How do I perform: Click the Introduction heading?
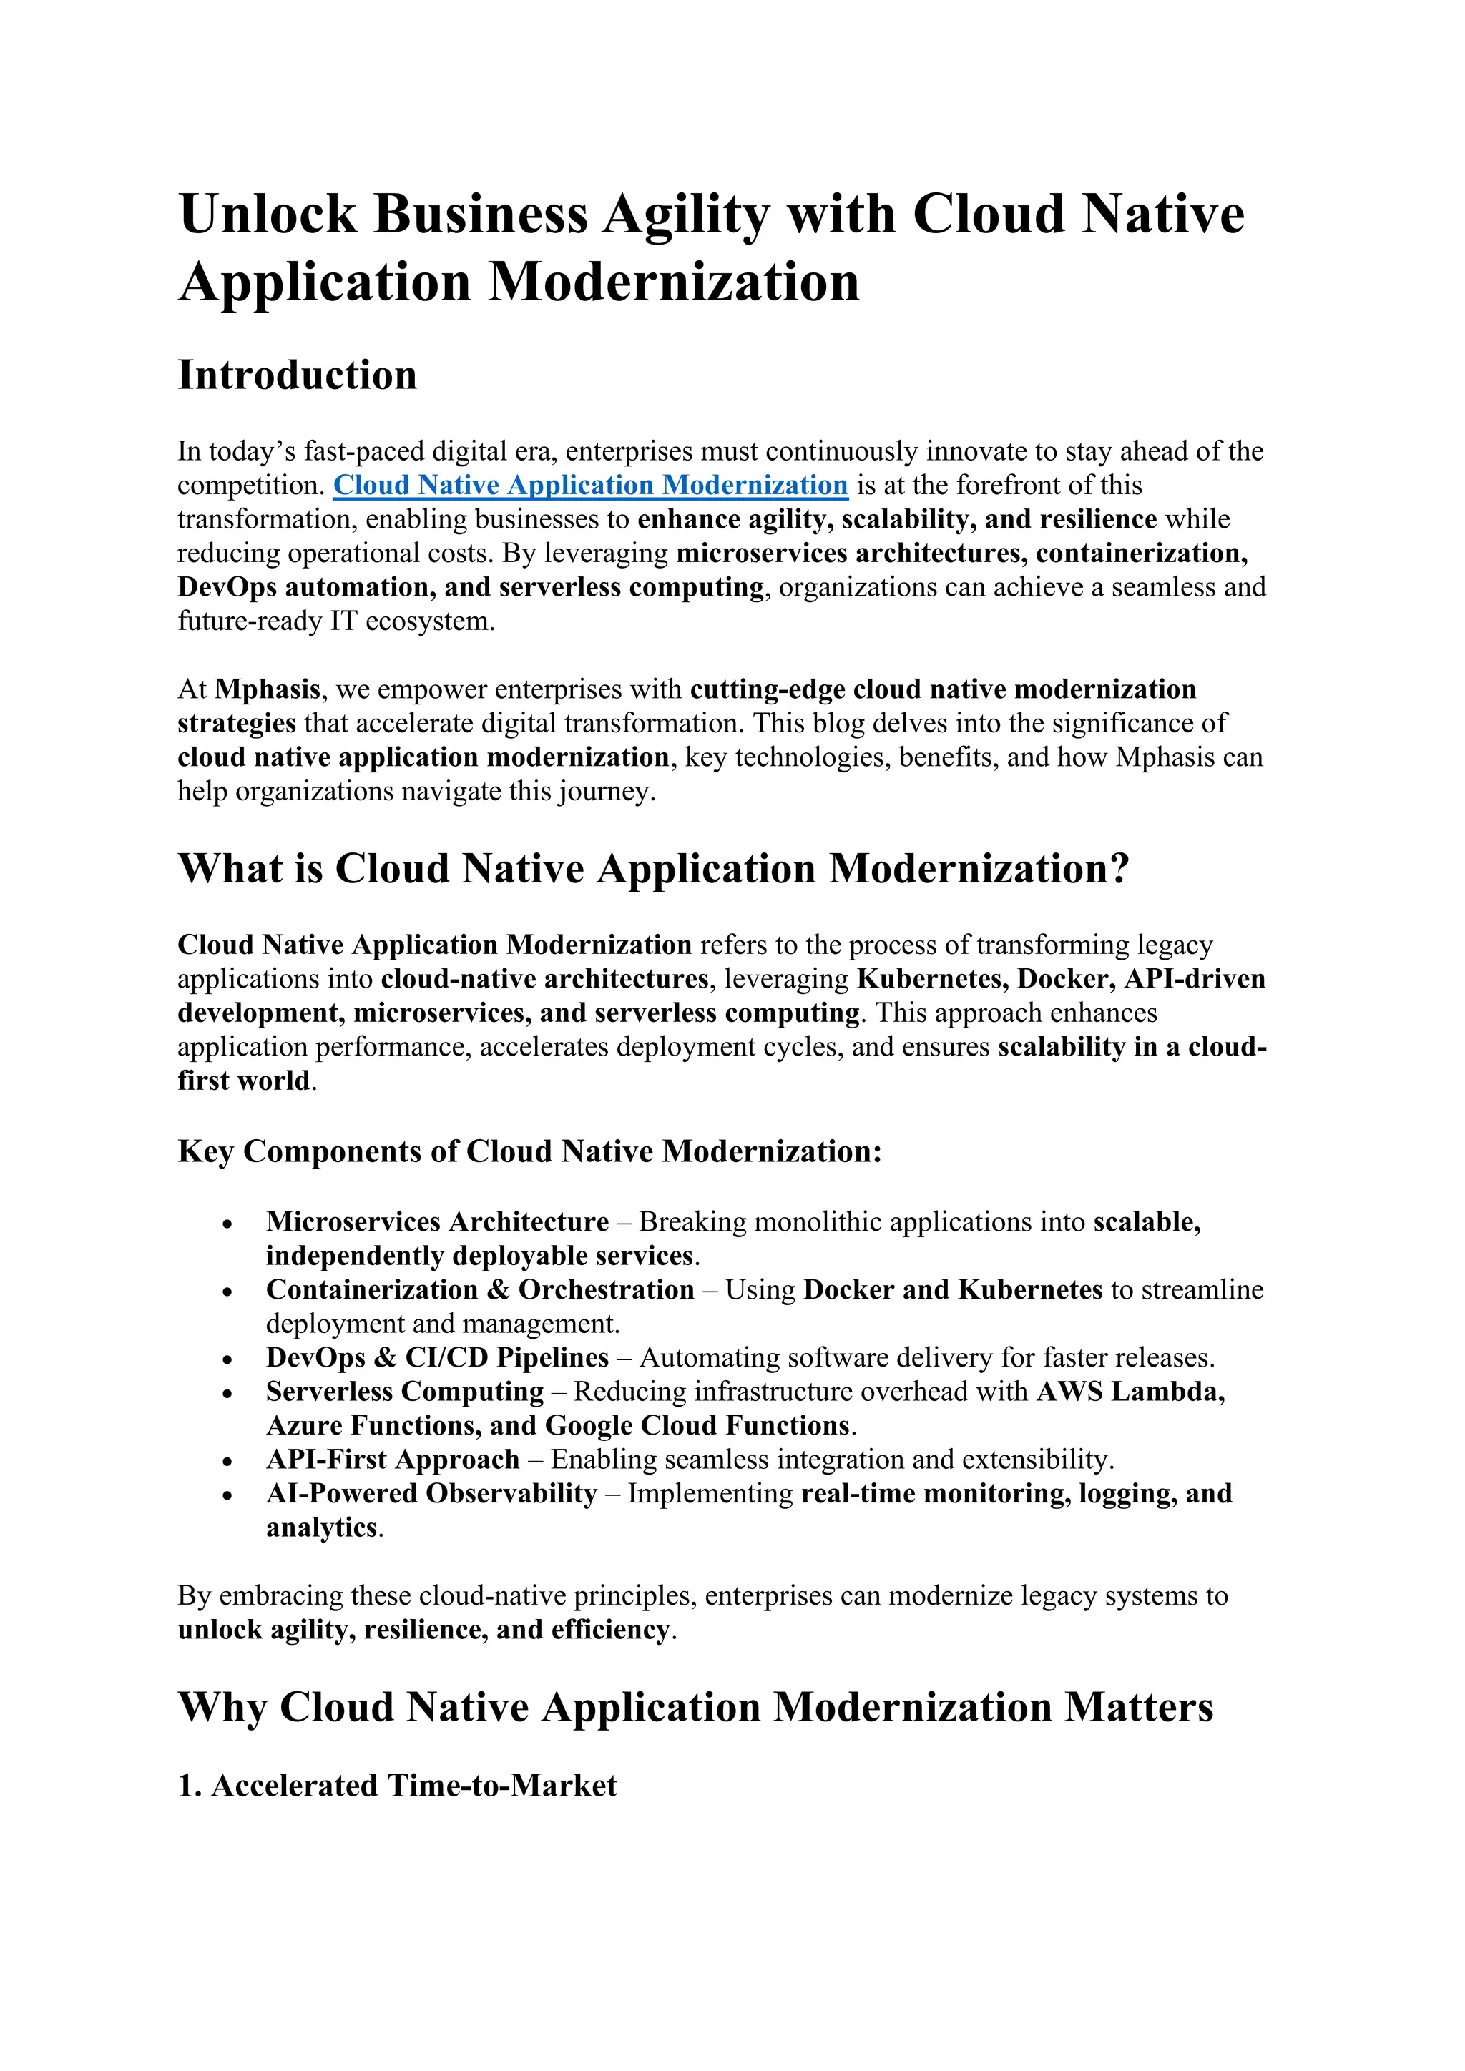pyautogui.click(x=297, y=375)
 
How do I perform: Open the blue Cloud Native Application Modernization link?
pyautogui.click(x=590, y=486)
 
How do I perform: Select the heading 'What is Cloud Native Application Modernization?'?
pyautogui.click(x=653, y=869)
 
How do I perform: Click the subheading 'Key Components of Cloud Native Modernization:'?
pyautogui.click(x=529, y=1152)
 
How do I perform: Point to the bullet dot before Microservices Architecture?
pyautogui.click(x=228, y=1225)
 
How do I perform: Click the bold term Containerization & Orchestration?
pyautogui.click(x=480, y=1290)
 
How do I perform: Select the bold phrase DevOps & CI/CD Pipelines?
pyautogui.click(x=438, y=1357)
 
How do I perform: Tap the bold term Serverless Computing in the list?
pyautogui.click(x=405, y=1392)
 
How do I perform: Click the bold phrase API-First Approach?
pyautogui.click(x=393, y=1460)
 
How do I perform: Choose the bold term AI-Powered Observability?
pyautogui.click(x=431, y=1494)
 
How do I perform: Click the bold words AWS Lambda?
pyautogui.click(x=1130, y=1392)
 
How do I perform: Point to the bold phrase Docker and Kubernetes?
pyautogui.click(x=953, y=1290)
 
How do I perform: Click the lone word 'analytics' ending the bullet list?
pyautogui.click(x=321, y=1528)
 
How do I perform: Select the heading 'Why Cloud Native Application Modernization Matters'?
pyautogui.click(x=695, y=1708)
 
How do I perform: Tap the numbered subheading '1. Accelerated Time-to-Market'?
pyautogui.click(x=397, y=1786)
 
